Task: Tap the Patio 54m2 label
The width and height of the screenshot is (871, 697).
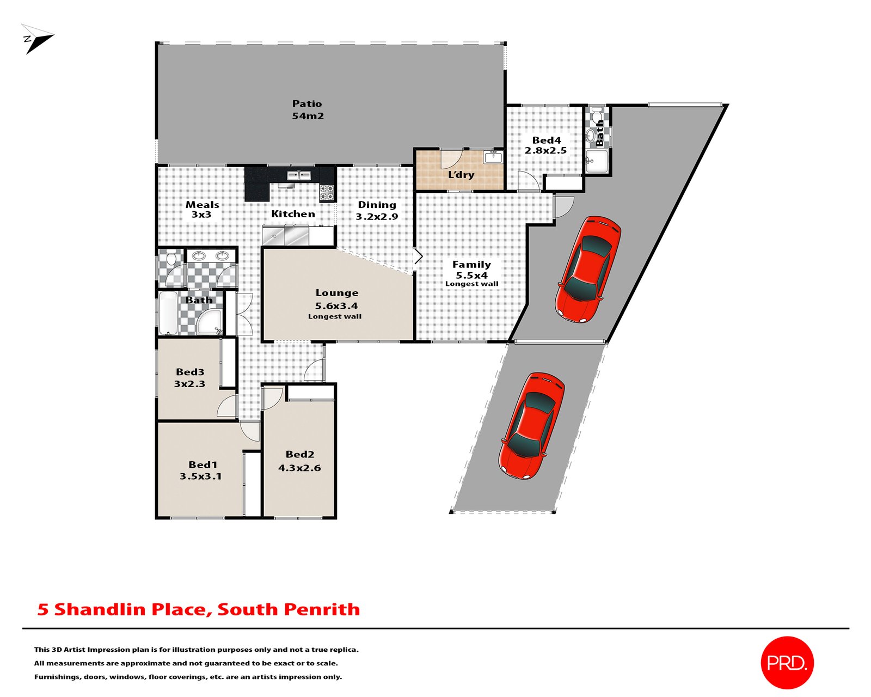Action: [307, 109]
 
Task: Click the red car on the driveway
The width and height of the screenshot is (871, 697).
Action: [532, 426]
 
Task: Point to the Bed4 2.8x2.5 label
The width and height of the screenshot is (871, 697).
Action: [545, 145]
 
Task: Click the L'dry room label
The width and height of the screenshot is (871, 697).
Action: [461, 175]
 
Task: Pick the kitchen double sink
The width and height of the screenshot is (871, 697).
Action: [299, 175]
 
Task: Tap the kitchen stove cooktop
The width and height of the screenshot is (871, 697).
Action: [327, 192]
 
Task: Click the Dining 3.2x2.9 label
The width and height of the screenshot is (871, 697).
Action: [377, 210]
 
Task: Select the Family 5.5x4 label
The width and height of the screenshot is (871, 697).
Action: [471, 270]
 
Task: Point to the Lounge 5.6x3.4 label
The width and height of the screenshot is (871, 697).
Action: [336, 299]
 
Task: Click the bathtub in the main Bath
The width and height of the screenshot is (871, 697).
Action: [168, 314]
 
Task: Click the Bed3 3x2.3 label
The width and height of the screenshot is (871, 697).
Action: [189, 377]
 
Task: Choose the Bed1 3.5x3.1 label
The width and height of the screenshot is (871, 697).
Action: [201, 470]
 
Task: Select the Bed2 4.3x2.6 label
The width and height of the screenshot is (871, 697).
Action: [299, 460]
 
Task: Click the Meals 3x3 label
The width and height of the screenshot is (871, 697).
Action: [202, 209]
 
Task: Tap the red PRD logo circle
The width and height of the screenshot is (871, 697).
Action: [787, 662]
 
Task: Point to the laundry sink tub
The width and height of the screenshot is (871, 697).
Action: [493, 157]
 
